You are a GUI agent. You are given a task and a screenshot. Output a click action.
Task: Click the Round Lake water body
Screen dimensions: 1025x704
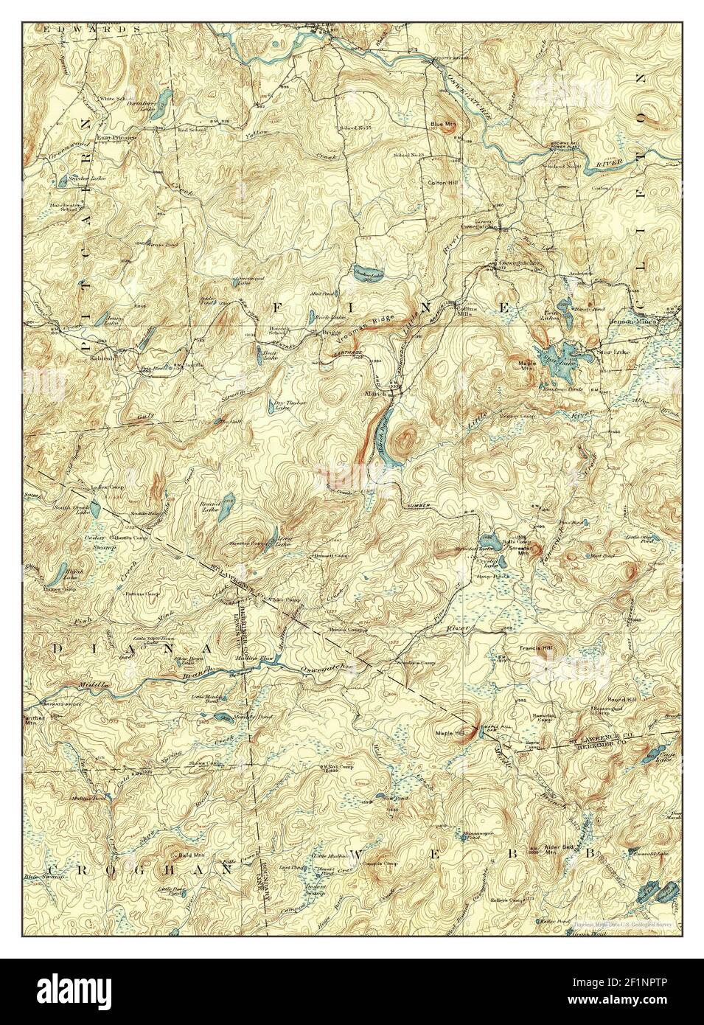pyautogui.click(x=229, y=503)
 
